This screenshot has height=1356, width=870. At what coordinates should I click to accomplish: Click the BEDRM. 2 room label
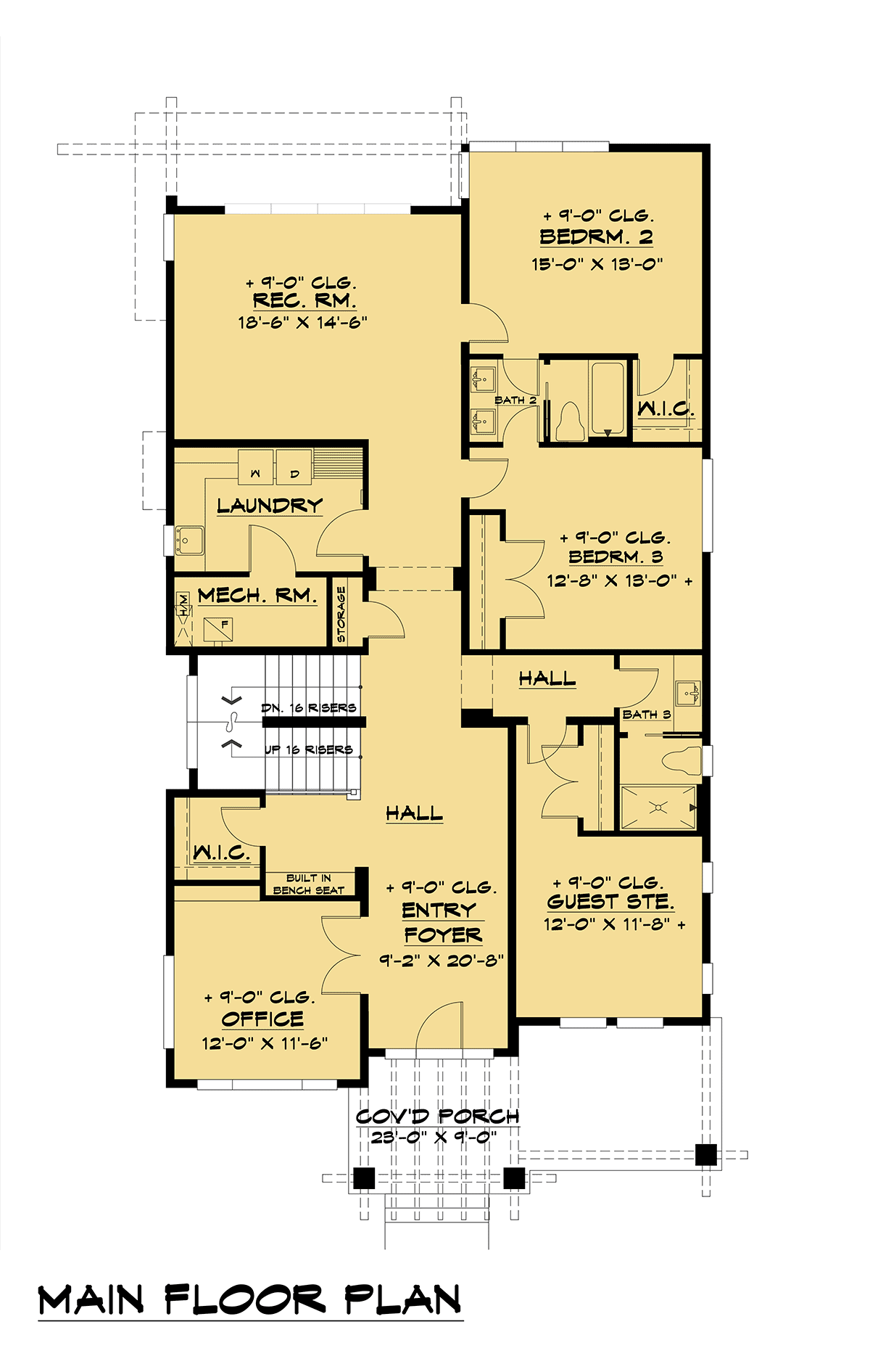click(x=596, y=237)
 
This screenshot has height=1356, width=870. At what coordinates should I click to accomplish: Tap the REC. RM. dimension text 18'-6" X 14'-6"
click(x=303, y=322)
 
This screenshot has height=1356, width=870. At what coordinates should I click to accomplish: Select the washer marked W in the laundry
click(x=255, y=467)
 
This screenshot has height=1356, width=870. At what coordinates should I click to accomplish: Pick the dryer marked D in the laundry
click(x=294, y=467)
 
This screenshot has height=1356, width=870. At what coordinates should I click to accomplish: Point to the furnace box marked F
click(x=218, y=628)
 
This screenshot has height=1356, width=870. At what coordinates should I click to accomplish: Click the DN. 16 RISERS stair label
click(x=309, y=707)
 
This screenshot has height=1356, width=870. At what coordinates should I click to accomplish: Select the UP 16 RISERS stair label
click(x=309, y=749)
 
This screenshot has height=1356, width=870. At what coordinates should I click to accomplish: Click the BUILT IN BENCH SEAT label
click(x=309, y=884)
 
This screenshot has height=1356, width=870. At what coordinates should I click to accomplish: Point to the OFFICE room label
click(x=262, y=1019)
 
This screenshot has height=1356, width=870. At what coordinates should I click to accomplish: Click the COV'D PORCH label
click(x=437, y=1117)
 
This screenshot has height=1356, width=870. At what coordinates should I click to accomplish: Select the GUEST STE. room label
click(x=610, y=902)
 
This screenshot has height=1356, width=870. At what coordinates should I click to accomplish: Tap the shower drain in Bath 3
click(x=659, y=807)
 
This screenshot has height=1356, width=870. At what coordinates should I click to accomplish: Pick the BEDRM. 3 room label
click(x=616, y=557)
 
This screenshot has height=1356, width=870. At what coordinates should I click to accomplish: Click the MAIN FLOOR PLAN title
click(x=250, y=1300)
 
